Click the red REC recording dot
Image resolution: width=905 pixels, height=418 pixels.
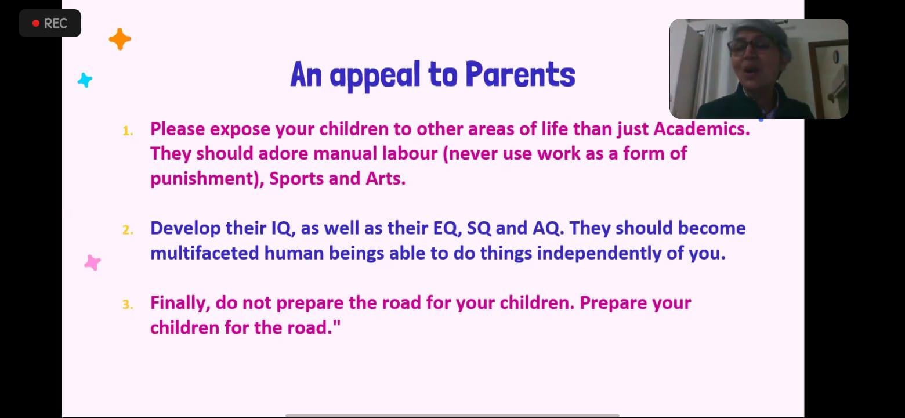[36, 23]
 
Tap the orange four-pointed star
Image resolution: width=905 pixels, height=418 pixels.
[120, 39]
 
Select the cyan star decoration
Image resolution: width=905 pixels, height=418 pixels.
[85, 80]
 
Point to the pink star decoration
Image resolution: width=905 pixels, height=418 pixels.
[92, 263]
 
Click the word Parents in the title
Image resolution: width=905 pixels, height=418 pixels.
[520, 74]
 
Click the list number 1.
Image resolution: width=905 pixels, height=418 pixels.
[128, 131]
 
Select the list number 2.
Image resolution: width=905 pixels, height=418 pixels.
[128, 230]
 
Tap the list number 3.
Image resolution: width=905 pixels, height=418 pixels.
[128, 304]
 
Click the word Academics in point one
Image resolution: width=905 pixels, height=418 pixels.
[701, 129]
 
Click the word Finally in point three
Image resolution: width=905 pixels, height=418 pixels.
[180, 304]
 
